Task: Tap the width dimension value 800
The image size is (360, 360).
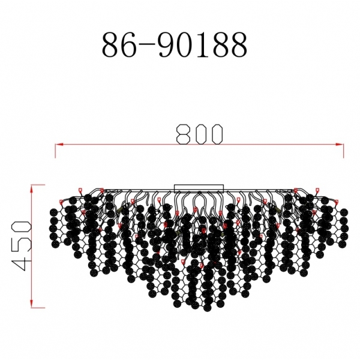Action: coord(200,134)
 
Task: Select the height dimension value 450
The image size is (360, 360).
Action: coord(22,246)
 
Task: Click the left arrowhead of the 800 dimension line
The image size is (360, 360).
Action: coord(58,145)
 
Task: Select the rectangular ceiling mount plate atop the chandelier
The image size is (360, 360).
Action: coord(199,188)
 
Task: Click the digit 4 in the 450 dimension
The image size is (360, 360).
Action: coord(22,265)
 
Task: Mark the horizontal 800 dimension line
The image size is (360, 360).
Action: coord(120,145)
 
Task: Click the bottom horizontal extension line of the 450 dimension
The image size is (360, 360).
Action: coord(37,307)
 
